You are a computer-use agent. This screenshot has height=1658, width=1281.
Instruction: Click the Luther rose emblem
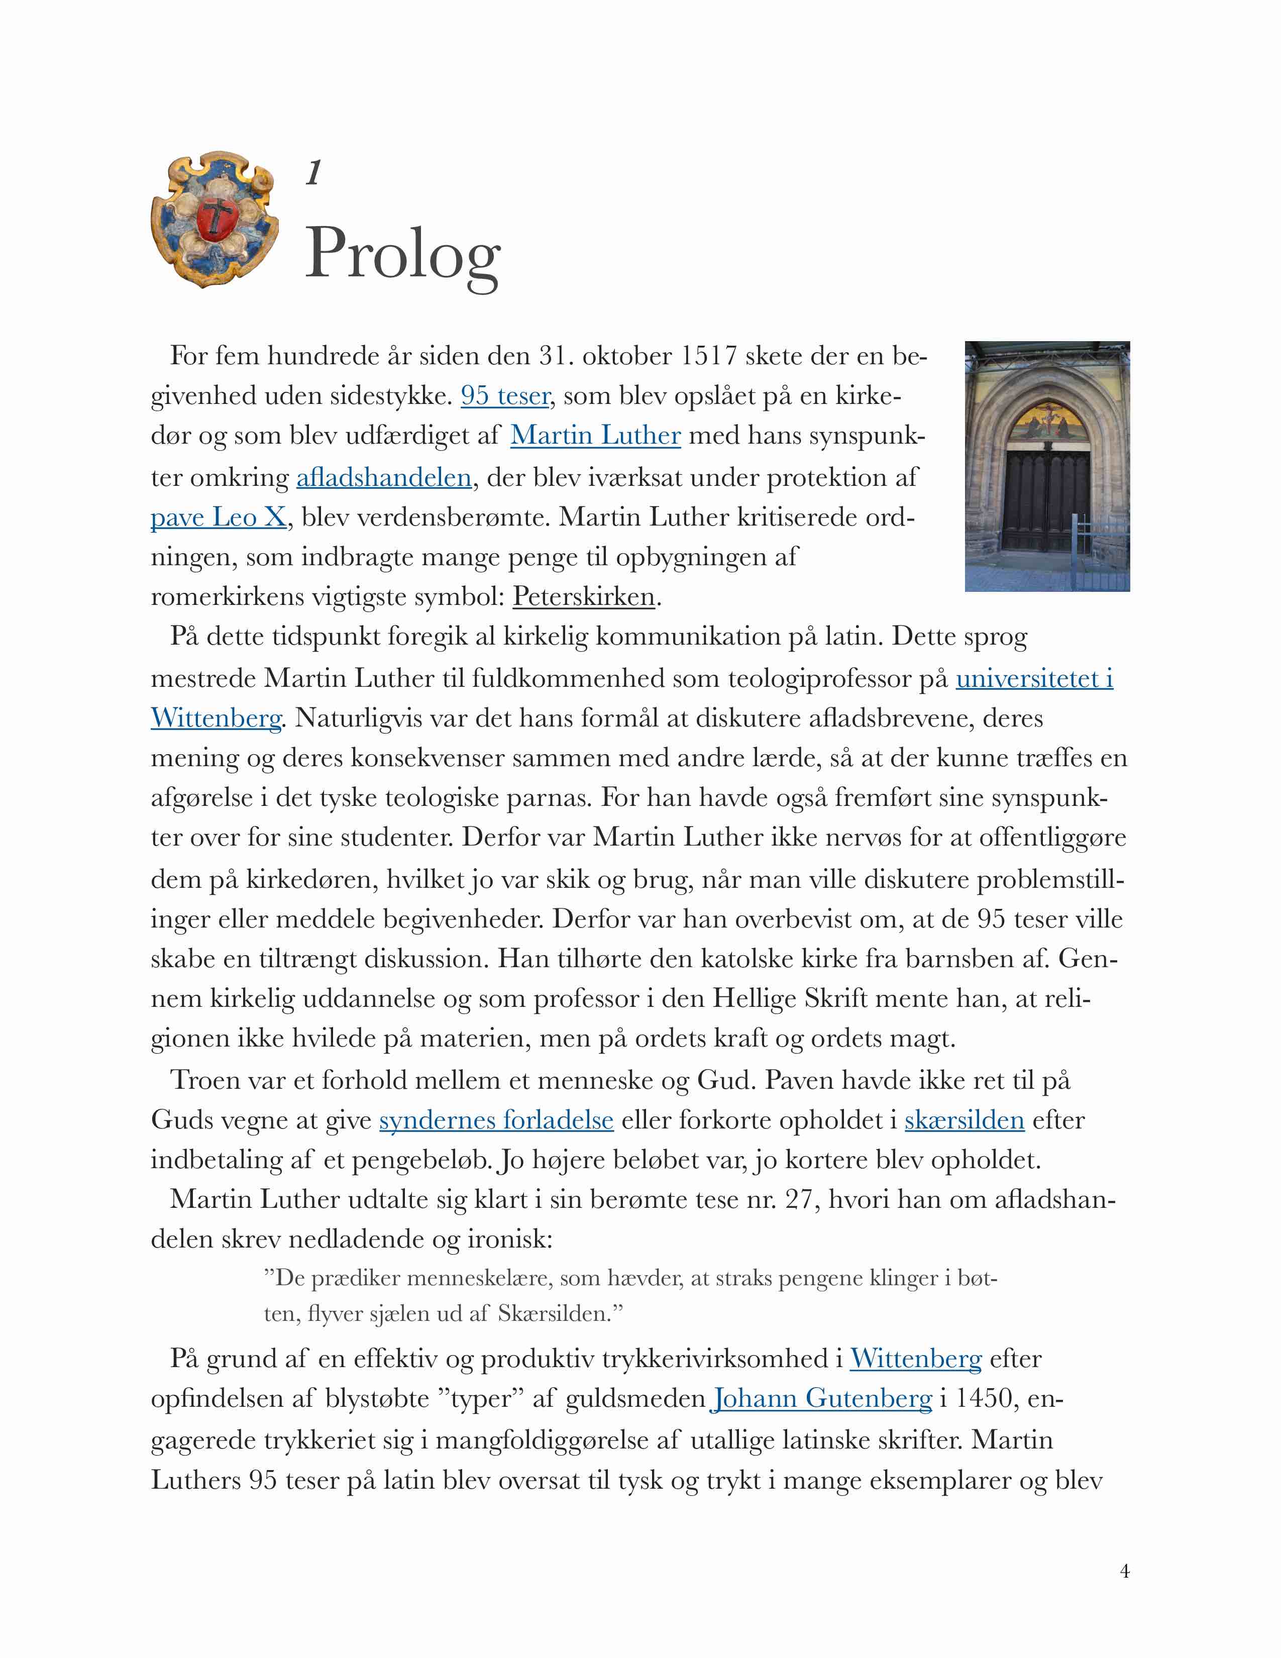[215, 219]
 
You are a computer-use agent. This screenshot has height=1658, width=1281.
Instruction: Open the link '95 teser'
[505, 395]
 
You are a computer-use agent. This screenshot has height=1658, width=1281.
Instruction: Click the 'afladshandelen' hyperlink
[384, 477]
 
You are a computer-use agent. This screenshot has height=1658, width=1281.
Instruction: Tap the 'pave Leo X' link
[219, 517]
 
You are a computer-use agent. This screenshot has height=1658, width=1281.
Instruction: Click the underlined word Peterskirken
[584, 597]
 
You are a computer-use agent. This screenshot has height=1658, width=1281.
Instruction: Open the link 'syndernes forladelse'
[496, 1120]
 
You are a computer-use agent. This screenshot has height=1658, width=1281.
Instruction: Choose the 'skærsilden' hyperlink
[964, 1120]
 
